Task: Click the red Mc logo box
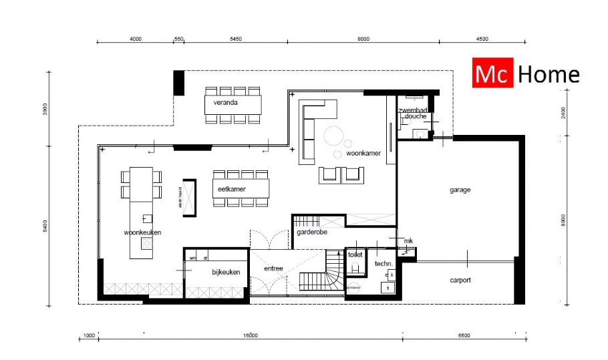pyautogui.click(x=492, y=74)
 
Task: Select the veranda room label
pyautogui.click(x=226, y=104)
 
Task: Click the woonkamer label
pyautogui.click(x=363, y=153)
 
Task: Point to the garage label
pyautogui.click(x=460, y=190)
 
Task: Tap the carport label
pyautogui.click(x=460, y=280)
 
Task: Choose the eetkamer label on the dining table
pyautogui.click(x=231, y=190)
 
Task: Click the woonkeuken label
pyautogui.click(x=142, y=232)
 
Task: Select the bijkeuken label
pyautogui.click(x=225, y=272)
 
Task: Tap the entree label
pyautogui.click(x=274, y=268)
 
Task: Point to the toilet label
pyautogui.click(x=355, y=255)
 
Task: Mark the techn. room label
pyautogui.click(x=383, y=264)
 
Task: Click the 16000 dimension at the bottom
pyautogui.click(x=250, y=335)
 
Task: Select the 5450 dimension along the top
pyautogui.click(x=235, y=39)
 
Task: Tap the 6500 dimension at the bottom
pyautogui.click(x=464, y=335)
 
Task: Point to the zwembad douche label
pyautogui.click(x=412, y=113)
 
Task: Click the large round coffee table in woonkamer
pyautogui.click(x=334, y=136)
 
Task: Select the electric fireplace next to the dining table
pyautogui.click(x=190, y=198)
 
